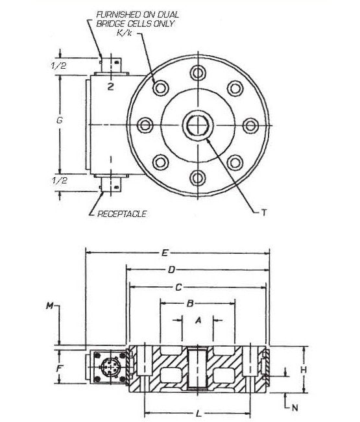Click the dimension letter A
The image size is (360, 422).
[198, 320]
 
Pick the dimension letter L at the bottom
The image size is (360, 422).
[198, 412]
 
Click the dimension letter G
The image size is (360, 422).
[60, 121]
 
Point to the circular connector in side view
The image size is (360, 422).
[107, 367]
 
